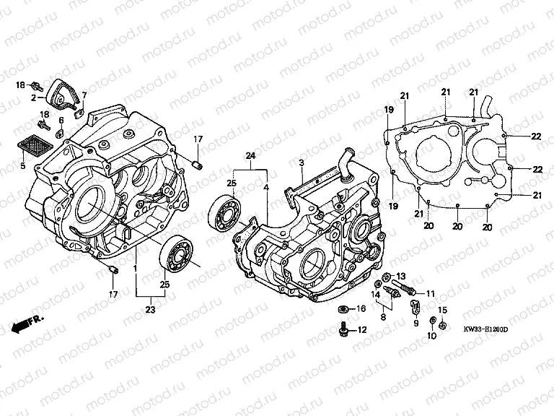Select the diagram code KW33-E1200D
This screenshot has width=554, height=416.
pyautogui.click(x=486, y=329)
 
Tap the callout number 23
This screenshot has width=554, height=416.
pyautogui.click(x=150, y=309)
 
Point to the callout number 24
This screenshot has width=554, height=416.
pyautogui.click(x=250, y=157)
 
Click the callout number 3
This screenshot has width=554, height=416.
pyautogui.click(x=301, y=162)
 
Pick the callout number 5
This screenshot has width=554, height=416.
pyautogui.click(x=22, y=166)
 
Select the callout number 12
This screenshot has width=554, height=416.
pyautogui.click(x=361, y=330)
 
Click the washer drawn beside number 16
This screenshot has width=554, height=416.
pyautogui.click(x=344, y=309)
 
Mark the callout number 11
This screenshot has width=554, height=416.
pyautogui.click(x=431, y=293)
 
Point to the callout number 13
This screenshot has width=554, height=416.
pyautogui.click(x=401, y=277)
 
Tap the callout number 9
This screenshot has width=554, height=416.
pyautogui.click(x=415, y=324)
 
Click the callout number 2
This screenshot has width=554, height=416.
pyautogui.click(x=33, y=97)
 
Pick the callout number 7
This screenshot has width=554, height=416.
pyautogui.click(x=84, y=95)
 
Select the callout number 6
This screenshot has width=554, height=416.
pyautogui.click(x=62, y=120)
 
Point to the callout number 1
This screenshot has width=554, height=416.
pyautogui.click(x=135, y=267)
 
